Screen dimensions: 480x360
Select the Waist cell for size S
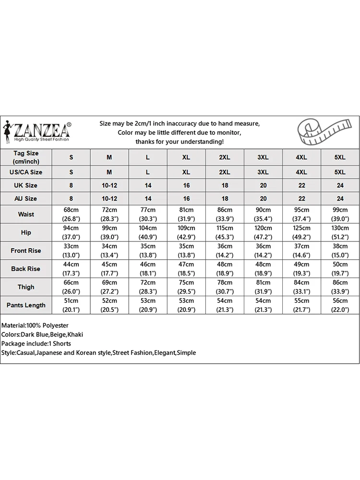(71, 214)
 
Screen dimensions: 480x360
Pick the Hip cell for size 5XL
(340, 232)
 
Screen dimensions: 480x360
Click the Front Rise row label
(26, 251)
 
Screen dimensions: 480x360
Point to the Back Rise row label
(26, 269)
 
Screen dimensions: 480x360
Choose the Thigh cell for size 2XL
(225, 287)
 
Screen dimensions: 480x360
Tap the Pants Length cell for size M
(109, 305)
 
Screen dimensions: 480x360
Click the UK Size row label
(26, 185)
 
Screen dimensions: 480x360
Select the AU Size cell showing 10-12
(109, 198)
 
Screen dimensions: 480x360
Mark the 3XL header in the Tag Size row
(263, 157)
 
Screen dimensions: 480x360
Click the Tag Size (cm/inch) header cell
(26, 157)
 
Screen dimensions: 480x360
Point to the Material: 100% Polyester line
(35, 325)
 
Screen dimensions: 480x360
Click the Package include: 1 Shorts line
(36, 344)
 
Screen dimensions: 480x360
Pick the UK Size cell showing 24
(340, 185)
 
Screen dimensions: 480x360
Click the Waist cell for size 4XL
(301, 214)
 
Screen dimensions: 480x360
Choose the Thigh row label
(26, 287)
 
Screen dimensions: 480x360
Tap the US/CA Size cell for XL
(186, 172)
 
